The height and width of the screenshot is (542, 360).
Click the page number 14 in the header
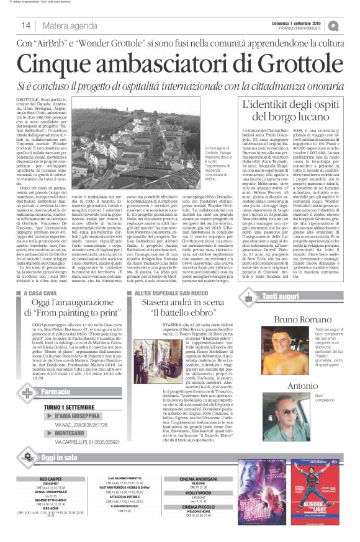point(26,25)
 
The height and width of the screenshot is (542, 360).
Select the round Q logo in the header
point(351,24)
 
